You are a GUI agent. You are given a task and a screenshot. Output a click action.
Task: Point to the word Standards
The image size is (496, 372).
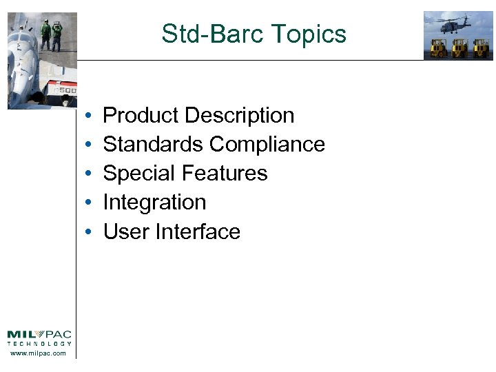pyautogui.click(x=153, y=144)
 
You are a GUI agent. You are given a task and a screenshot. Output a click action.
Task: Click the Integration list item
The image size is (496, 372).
pyautogui.click(x=154, y=202)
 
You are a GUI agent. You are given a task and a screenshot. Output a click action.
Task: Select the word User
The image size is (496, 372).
pyautogui.click(x=126, y=231)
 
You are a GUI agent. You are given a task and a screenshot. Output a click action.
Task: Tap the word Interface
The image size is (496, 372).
pyautogui.click(x=198, y=231)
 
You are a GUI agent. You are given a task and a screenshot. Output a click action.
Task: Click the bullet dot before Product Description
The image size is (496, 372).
pyautogui.click(x=90, y=116)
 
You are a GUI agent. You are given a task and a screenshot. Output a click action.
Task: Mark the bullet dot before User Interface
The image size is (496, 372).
pyautogui.click(x=90, y=232)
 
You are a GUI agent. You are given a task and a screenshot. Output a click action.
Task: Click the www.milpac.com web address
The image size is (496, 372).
pyautogui.click(x=39, y=353)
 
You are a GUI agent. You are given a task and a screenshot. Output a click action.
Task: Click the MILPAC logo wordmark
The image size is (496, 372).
pyautogui.click(x=39, y=335)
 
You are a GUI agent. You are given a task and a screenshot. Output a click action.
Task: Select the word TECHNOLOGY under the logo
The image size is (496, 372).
pyautogui.click(x=39, y=344)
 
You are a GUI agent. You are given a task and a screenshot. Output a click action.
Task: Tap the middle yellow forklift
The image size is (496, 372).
pyautogui.click(x=458, y=49)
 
